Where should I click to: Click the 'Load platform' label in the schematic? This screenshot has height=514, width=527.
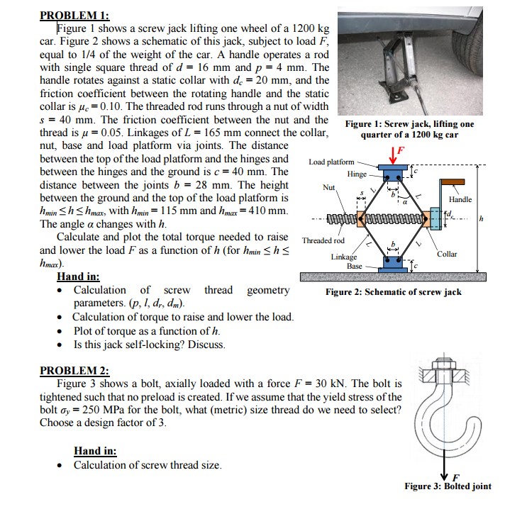[x=331, y=162]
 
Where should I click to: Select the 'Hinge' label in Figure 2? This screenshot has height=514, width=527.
[x=357, y=174]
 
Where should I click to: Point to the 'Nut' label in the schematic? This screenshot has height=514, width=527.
[x=328, y=188]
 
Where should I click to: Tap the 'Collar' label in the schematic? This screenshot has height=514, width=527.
[x=447, y=254]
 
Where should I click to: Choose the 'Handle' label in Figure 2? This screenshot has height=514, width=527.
[x=460, y=199]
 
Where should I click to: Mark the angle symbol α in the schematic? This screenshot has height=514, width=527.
[x=405, y=201]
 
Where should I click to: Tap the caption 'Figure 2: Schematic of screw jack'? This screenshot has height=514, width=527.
[x=393, y=292]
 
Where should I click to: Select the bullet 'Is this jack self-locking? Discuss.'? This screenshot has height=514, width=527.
[x=149, y=345]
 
